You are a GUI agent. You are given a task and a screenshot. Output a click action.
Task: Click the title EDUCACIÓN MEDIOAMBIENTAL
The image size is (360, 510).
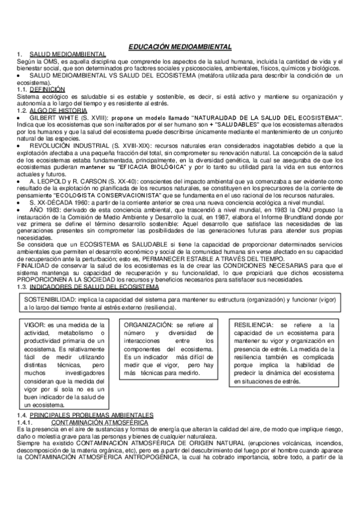[x=180, y=46]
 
